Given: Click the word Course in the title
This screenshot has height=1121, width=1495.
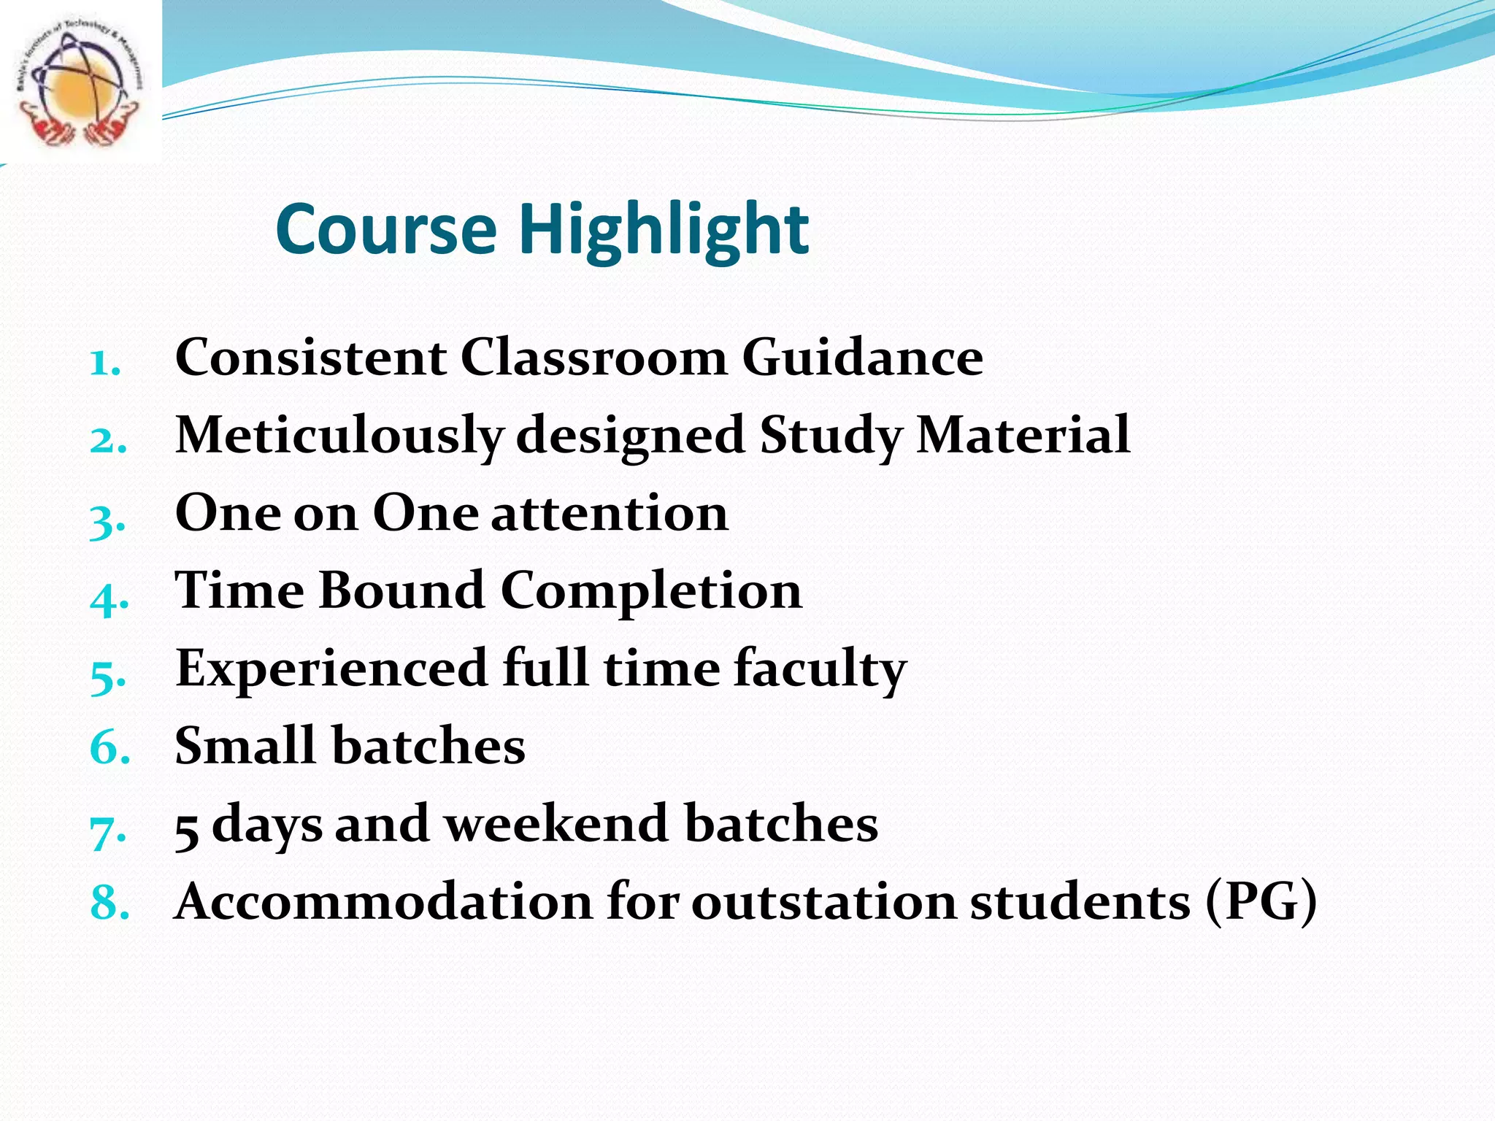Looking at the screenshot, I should point(385,230).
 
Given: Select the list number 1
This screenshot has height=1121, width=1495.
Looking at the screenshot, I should point(104,363).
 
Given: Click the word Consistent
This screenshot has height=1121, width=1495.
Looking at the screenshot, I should point(311,358).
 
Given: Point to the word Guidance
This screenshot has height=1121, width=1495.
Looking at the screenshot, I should point(862,358).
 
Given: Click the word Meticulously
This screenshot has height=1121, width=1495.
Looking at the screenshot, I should point(339,436).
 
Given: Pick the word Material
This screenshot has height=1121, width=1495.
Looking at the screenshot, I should point(1023,435).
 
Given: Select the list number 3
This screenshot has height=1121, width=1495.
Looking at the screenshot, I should point(107,520).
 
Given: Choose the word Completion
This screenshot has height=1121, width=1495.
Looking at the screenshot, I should point(651,591).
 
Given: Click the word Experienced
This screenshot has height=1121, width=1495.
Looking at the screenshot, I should point(331,669).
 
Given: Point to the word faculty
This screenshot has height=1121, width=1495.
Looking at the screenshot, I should point(820,669).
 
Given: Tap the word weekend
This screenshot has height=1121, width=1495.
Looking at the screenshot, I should point(556,824).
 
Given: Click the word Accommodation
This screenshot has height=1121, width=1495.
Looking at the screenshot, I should point(384,901).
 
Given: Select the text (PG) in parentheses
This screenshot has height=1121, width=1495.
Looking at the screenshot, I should point(1261,902).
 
